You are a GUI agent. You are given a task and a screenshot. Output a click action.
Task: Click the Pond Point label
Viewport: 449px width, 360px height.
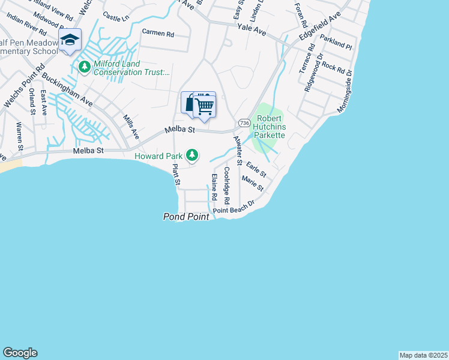186,217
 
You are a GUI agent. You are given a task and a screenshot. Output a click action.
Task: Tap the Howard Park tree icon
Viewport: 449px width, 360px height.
192,155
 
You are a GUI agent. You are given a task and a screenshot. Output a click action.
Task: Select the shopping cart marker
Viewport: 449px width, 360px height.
205,106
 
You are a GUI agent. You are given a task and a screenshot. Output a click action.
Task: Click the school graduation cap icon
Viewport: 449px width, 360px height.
70,40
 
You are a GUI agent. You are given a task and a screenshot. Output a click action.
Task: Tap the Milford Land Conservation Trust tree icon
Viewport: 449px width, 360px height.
84,67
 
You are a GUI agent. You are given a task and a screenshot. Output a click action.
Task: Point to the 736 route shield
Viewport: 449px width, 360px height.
244,122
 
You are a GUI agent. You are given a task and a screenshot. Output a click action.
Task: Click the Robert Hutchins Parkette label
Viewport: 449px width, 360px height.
271,127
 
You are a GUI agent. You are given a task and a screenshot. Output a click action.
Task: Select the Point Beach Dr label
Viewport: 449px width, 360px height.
235,208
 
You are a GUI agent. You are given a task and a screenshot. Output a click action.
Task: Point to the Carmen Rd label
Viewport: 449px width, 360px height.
157,32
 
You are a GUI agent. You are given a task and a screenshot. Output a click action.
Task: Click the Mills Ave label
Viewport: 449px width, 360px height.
131,127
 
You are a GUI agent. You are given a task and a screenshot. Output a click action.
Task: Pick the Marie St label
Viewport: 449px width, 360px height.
253,183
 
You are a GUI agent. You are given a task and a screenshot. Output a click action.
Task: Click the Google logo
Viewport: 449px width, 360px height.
20,353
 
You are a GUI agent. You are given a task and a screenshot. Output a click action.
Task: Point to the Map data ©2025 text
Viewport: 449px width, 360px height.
423,355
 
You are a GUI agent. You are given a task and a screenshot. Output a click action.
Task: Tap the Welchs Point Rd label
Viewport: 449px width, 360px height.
23,88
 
